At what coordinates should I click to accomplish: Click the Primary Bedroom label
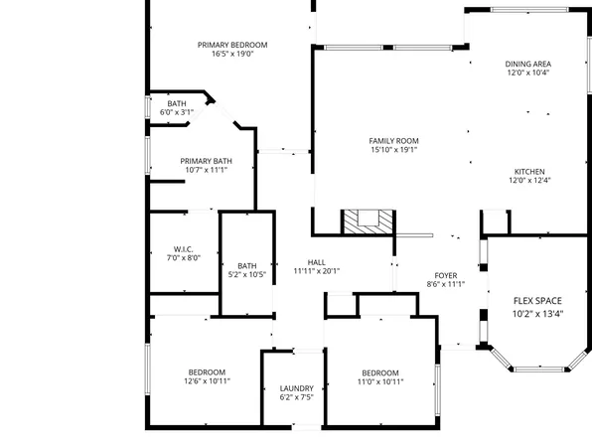pyautogui.click(x=231, y=45)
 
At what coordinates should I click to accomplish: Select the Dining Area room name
pyautogui.click(x=528, y=63)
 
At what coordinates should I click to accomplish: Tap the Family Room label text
pyautogui.click(x=393, y=141)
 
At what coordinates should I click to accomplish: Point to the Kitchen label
pyautogui.click(x=528, y=170)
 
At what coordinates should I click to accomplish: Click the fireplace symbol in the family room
pyautogui.click(x=367, y=221)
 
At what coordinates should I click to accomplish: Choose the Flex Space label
pyautogui.click(x=536, y=300)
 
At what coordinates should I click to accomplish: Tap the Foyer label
pyautogui.click(x=445, y=275)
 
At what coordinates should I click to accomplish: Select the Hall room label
pyautogui.click(x=317, y=261)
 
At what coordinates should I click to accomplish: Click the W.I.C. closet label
pyautogui.click(x=182, y=248)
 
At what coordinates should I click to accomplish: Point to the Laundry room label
pyautogui.click(x=296, y=388)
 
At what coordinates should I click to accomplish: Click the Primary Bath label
pyautogui.click(x=206, y=161)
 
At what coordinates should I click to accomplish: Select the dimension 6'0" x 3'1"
pyautogui.click(x=176, y=113)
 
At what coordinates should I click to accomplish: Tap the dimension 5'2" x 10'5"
pyautogui.click(x=246, y=274)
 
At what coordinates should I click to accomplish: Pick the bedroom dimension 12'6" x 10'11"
pyautogui.click(x=207, y=381)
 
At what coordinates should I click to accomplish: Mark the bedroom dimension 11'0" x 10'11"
pyautogui.click(x=379, y=381)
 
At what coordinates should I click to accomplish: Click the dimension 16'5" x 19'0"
pyautogui.click(x=231, y=55)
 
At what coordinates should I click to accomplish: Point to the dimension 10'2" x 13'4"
pyautogui.click(x=536, y=314)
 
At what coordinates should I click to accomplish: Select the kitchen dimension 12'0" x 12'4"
pyautogui.click(x=528, y=180)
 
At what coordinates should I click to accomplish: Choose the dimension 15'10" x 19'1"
pyautogui.click(x=393, y=151)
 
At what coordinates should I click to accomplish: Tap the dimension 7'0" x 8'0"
pyautogui.click(x=182, y=257)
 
